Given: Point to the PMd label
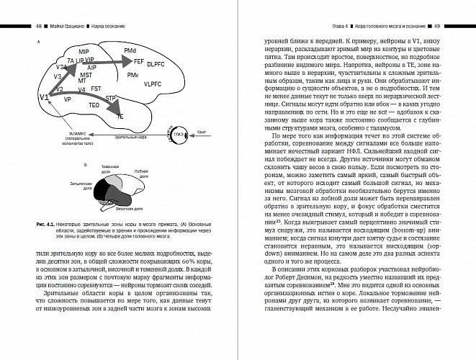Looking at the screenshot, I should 130,51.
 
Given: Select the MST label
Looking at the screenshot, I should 86,75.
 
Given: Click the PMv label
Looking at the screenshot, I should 133,75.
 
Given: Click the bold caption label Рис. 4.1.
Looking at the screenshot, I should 47,224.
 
